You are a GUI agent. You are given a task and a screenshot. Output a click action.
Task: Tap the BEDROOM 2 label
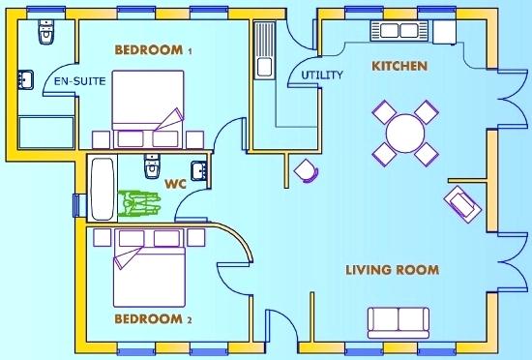[153, 319]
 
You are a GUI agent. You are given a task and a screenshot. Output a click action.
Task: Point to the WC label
[175, 182]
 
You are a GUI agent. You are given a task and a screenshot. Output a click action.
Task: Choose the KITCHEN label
[399, 66]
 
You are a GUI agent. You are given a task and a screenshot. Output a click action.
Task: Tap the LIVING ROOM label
[393, 269]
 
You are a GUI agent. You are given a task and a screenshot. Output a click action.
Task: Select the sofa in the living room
[398, 319]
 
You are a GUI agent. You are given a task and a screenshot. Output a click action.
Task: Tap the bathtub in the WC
[102, 189]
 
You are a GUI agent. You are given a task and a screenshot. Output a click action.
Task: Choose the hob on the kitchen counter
[398, 31]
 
